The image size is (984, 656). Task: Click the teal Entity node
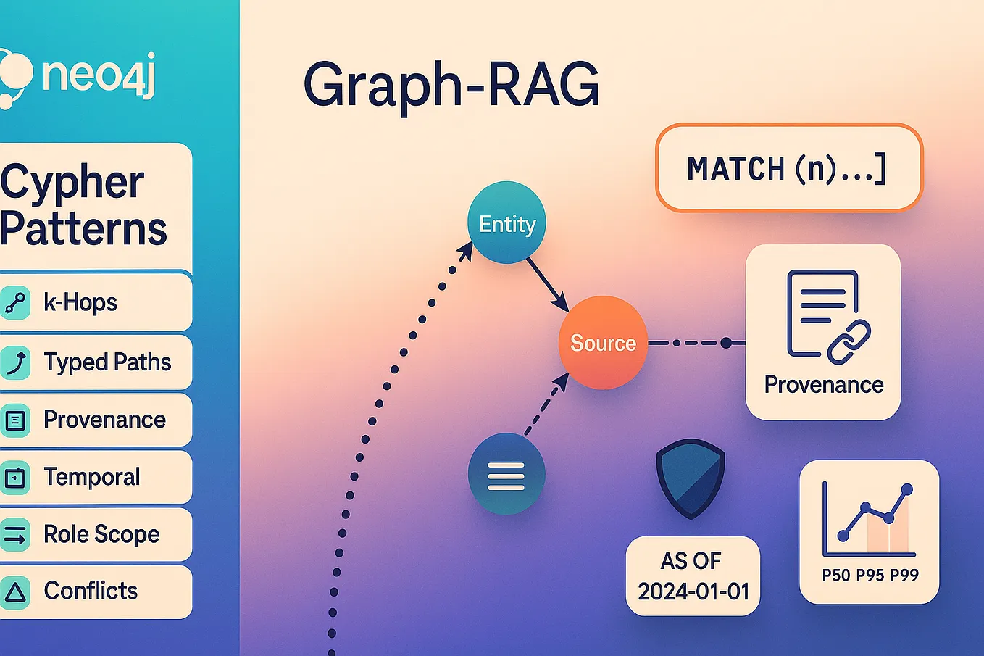click(x=506, y=223)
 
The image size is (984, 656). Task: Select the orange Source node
click(x=602, y=342)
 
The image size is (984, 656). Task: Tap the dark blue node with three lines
click(x=506, y=475)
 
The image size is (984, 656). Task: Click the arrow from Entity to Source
click(x=546, y=283)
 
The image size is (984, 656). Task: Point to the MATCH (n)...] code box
click(x=788, y=168)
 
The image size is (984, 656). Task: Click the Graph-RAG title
click(x=451, y=86)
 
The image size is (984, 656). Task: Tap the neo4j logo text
click(x=99, y=74)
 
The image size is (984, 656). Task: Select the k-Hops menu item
click(x=80, y=302)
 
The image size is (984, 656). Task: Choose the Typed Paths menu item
click(x=107, y=362)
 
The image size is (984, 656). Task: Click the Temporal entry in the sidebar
click(x=91, y=477)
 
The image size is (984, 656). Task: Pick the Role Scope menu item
click(x=101, y=534)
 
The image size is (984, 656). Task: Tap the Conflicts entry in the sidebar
click(x=91, y=591)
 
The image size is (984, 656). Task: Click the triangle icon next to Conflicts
click(x=15, y=592)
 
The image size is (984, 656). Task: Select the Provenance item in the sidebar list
click(x=104, y=420)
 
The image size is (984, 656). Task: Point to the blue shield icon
click(x=690, y=478)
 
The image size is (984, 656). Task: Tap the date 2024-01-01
click(x=693, y=591)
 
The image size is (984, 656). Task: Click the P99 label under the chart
click(x=904, y=576)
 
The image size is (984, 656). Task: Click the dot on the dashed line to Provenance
click(x=726, y=343)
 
